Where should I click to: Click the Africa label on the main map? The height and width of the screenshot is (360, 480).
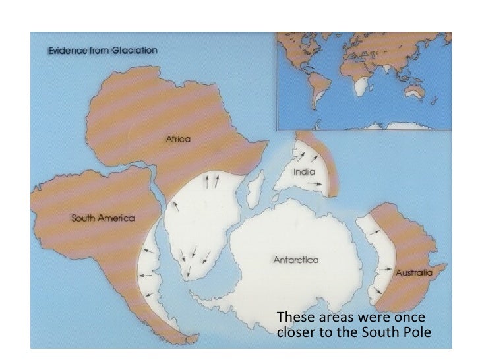(x=177, y=139)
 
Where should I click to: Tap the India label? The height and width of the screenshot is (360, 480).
(x=301, y=171)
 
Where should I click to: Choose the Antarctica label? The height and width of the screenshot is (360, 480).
(x=296, y=260)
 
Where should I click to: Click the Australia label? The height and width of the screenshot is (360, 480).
(x=413, y=272)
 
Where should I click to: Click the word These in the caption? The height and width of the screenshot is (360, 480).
(x=292, y=316)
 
